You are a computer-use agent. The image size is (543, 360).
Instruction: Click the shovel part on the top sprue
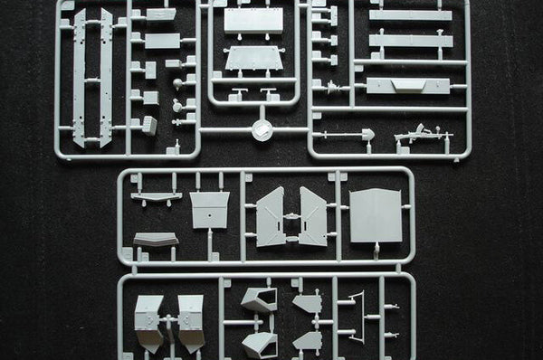click(367, 135)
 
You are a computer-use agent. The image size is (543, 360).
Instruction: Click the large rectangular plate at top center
click(252, 20)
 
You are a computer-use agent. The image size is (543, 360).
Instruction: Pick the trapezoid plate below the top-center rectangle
click(252, 58)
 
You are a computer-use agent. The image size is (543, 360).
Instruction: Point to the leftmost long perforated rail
click(80, 76)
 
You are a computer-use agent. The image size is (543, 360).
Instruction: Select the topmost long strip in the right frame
click(410, 14)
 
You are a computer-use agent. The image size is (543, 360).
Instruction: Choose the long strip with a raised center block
click(408, 85)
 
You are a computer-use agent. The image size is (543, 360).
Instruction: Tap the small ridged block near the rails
click(149, 125)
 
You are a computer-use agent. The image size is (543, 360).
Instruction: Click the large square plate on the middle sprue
click(376, 215)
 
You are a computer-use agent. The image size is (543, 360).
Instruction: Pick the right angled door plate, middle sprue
click(313, 217)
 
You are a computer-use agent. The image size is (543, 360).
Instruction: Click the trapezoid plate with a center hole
click(209, 209)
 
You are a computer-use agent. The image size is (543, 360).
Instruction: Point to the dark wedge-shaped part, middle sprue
click(155, 239)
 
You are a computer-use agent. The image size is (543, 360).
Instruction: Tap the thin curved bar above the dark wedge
click(156, 196)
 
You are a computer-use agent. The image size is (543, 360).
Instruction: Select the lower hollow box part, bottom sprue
click(260, 344)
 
